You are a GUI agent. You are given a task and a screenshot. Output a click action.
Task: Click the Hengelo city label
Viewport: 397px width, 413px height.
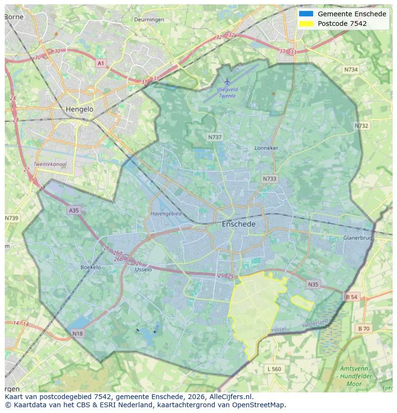pyautogui.click(x=80, y=109)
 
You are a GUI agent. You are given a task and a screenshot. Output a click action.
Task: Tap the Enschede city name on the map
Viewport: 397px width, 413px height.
pyautogui.click(x=239, y=224)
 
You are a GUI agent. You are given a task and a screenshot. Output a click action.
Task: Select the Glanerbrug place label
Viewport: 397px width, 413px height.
pyautogui.click(x=358, y=238)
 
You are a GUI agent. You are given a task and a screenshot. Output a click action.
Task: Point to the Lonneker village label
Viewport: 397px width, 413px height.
pyautogui.click(x=266, y=148)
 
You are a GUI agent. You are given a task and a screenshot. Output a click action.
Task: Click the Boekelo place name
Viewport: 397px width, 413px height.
pyautogui.click(x=90, y=267)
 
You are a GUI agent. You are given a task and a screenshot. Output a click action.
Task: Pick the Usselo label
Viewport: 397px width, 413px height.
pyautogui.click(x=143, y=270)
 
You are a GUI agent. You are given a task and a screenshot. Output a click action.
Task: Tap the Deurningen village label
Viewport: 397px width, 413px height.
pyautogui.click(x=150, y=20)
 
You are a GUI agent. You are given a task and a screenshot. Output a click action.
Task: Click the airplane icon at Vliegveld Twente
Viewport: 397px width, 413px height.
pyautogui.click(x=227, y=82)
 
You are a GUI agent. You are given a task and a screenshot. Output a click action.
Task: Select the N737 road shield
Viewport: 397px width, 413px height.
pyautogui.click(x=215, y=137)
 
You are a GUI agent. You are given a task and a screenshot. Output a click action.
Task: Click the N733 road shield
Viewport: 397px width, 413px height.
pyautogui.click(x=269, y=178)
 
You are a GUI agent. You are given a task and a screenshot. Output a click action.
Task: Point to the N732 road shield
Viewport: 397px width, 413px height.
pyautogui.click(x=362, y=126)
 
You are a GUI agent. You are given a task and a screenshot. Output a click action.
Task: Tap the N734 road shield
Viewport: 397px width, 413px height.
pyautogui.click(x=351, y=70)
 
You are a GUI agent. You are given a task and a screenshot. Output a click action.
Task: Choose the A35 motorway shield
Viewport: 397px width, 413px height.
pyautogui.click(x=74, y=210)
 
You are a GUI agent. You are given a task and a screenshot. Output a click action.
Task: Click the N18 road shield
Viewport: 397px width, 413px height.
pyautogui.click(x=77, y=333)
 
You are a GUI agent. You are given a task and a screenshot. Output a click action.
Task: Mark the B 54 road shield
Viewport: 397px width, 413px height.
pyautogui.click(x=351, y=297)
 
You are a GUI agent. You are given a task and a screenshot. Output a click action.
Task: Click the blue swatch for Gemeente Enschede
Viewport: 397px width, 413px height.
pyautogui.click(x=306, y=14)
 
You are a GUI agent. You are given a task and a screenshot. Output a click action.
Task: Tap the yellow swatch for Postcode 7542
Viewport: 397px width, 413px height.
pyautogui.click(x=306, y=24)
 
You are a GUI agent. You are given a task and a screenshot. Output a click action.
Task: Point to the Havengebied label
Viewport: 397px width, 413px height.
pyautogui.click(x=166, y=213)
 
